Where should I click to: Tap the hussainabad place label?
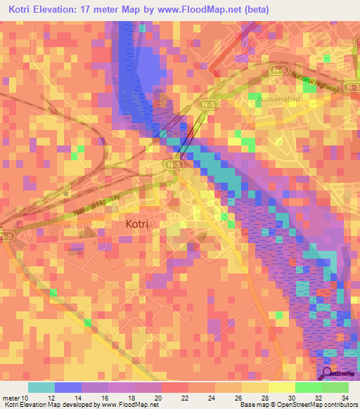pos(282,101)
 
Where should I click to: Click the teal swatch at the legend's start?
pos(41,387)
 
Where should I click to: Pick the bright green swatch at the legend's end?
pos(335,387)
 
